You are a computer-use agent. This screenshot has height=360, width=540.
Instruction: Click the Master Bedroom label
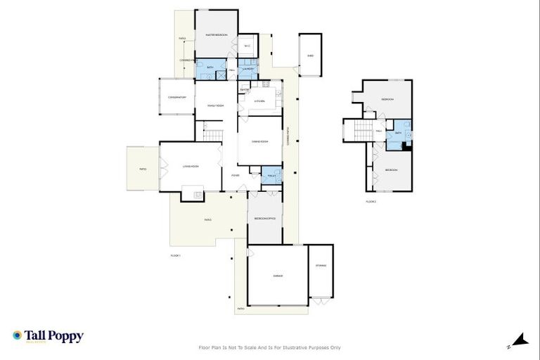(x=216, y=34)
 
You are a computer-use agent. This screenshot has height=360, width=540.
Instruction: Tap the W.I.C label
(x=247, y=47)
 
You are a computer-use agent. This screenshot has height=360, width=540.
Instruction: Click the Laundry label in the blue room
(x=248, y=69)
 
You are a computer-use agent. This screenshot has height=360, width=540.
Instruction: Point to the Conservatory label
(x=176, y=98)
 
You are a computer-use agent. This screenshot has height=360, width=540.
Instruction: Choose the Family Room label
(x=215, y=105)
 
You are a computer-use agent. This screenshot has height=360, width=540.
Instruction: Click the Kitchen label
(x=259, y=102)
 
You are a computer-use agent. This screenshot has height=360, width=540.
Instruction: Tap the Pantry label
(x=245, y=90)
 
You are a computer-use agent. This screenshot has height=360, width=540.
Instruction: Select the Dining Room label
(x=259, y=141)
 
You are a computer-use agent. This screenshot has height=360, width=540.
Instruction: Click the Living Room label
(x=191, y=167)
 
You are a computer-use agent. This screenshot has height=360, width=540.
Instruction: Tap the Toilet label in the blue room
(x=271, y=176)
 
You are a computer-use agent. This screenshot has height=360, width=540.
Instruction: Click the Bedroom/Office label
(x=264, y=219)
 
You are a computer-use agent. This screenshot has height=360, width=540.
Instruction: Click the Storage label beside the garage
(x=321, y=265)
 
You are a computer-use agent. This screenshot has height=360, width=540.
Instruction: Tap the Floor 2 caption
(x=371, y=202)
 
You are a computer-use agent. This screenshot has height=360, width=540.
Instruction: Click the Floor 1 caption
(x=176, y=255)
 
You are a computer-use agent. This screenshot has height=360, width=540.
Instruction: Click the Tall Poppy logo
(x=48, y=336)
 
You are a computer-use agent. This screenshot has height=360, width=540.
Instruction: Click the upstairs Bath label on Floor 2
(x=398, y=133)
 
